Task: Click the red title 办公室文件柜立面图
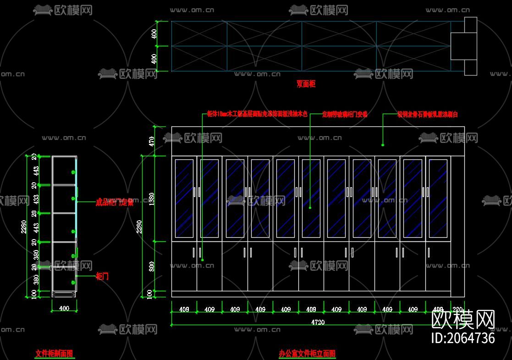click(307, 353)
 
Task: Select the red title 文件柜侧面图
click(54, 353)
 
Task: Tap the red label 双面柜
click(306, 84)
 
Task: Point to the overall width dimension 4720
click(318, 322)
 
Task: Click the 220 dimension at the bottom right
click(457, 310)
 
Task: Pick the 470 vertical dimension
click(151, 141)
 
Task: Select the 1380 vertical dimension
click(151, 199)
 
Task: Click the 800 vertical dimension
click(151, 266)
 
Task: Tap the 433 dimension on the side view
click(36, 199)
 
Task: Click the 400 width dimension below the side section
click(64, 308)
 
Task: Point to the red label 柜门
click(102, 276)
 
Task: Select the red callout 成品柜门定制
click(115, 202)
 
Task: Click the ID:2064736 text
click(463, 338)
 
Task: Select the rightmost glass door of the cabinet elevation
click(438, 198)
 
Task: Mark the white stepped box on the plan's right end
click(464, 46)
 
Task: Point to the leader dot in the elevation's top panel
click(383, 145)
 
